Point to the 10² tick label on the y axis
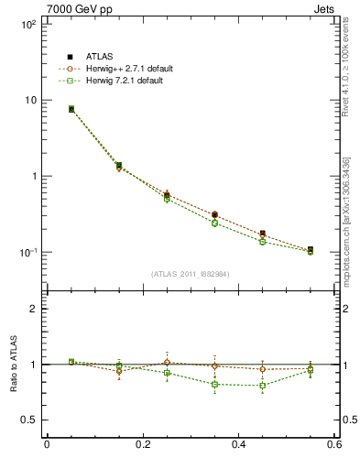coord(27,25)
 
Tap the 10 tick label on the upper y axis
coord(30,100)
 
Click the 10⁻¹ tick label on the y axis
coord(27,252)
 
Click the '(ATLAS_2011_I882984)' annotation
coord(191,274)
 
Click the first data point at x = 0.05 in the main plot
coord(71,109)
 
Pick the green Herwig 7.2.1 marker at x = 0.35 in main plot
coord(214,223)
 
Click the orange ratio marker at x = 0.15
coord(119,371)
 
